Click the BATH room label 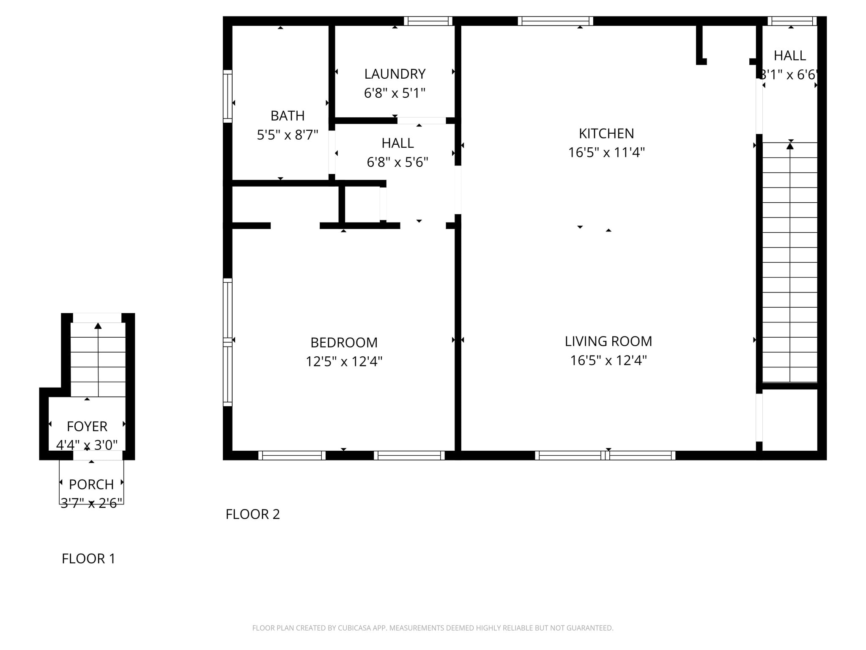pos(288,116)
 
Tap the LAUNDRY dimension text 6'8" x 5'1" pos(395,93)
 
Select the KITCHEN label pos(606,133)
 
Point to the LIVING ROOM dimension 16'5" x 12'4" pos(608,360)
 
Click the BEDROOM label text pos(344,342)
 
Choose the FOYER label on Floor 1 pos(87,426)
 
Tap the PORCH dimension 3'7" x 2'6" pos(91,503)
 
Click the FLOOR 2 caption pos(252,514)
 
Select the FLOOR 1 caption pos(88,558)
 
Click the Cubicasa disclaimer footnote pos(433,628)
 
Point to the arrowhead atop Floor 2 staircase pos(790,146)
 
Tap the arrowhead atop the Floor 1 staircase pos(98,325)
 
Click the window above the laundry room pos(428,21)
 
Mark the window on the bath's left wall pos(227,96)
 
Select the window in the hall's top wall pos(792,21)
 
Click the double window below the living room pos(605,455)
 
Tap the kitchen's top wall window pos(555,21)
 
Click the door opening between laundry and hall pos(422,121)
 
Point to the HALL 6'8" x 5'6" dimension pos(397,162)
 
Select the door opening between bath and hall pos(332,152)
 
